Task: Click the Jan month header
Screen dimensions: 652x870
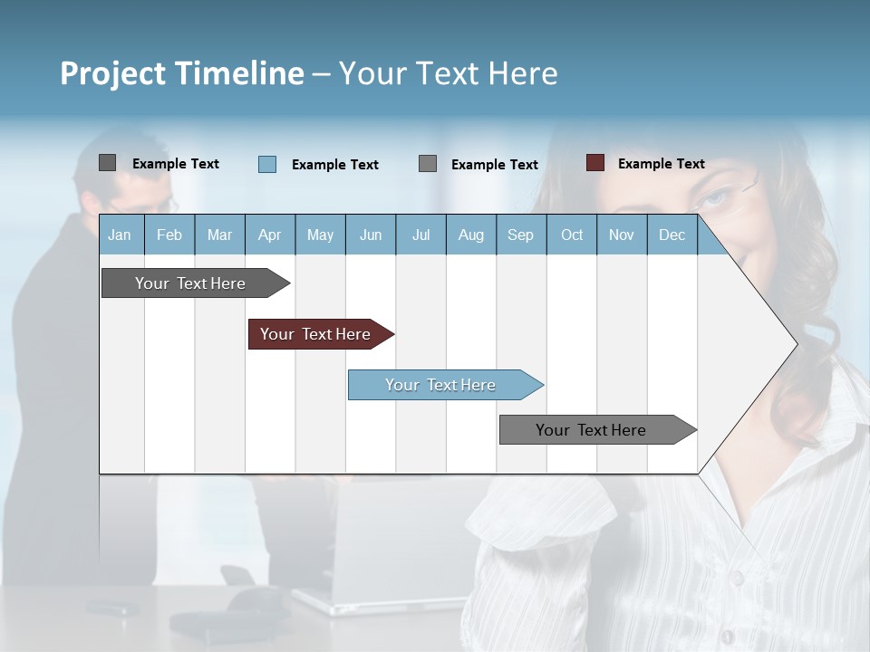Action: click(121, 235)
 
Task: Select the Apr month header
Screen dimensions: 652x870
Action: click(270, 235)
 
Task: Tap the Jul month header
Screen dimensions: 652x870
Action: click(420, 235)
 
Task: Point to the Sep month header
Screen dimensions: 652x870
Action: click(521, 235)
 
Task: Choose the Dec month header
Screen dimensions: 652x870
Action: click(672, 235)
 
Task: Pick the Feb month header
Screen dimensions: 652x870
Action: click(169, 235)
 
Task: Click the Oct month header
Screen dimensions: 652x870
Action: click(572, 235)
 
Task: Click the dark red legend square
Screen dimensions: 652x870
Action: click(595, 163)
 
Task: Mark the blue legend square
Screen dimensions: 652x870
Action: click(267, 164)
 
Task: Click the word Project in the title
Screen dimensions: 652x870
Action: click(112, 73)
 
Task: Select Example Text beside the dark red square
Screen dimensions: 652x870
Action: click(661, 164)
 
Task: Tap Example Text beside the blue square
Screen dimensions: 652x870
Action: click(334, 165)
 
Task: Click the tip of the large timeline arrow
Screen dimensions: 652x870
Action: click(795, 343)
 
